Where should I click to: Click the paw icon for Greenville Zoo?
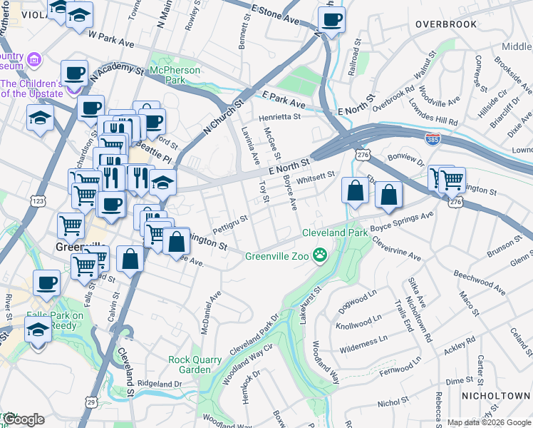[322, 255]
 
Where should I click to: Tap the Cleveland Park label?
[334, 233]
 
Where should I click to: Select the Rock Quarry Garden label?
[190, 365]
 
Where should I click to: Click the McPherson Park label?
[175, 75]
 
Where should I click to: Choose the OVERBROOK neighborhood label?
[446, 24]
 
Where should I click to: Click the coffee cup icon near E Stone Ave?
[331, 21]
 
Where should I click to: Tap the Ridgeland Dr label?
[159, 384]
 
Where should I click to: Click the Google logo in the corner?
[23, 419]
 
